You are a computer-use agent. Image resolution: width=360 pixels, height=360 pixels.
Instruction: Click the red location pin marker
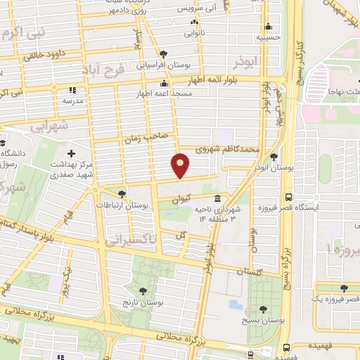[181, 166]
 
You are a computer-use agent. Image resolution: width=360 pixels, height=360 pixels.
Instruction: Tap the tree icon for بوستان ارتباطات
[122, 193]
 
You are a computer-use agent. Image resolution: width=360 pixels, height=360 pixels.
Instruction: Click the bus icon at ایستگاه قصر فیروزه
[288, 198]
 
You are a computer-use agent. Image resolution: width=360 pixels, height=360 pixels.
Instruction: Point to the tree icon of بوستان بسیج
[263, 309]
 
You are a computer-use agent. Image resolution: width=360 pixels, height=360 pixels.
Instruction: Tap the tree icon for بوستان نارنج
[143, 290]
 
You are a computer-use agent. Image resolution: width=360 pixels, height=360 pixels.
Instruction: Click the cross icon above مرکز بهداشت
[71, 153]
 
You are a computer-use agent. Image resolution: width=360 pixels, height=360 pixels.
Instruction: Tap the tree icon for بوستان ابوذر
[274, 157]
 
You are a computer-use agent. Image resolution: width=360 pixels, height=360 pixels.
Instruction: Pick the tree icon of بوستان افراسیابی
[163, 53]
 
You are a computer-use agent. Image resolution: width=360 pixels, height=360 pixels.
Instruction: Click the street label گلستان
[250, 272]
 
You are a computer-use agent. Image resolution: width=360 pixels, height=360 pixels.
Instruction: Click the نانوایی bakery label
[196, 32]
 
